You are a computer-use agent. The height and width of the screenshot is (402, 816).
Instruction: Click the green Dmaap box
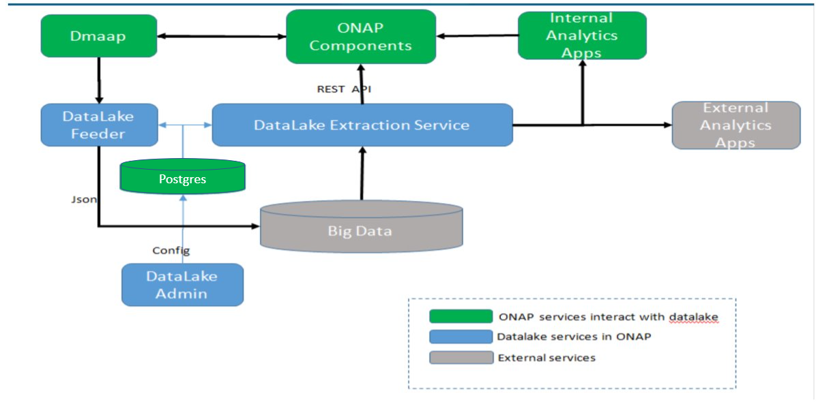(x=99, y=36)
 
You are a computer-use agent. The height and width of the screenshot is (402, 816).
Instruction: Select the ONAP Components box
(x=361, y=36)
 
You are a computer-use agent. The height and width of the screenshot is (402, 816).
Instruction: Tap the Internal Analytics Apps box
(x=583, y=35)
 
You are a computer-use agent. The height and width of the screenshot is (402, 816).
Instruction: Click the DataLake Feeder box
(x=99, y=125)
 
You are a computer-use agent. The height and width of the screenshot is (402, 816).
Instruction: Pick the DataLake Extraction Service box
(x=362, y=125)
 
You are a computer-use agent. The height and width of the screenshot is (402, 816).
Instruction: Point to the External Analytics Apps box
(x=736, y=125)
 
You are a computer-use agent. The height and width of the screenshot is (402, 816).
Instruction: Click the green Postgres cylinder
(x=182, y=177)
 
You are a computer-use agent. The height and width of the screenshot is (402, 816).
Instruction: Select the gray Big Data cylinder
(x=361, y=227)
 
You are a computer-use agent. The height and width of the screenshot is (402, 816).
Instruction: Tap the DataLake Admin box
(x=182, y=285)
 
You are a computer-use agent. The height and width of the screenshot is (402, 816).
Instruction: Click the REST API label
(x=344, y=89)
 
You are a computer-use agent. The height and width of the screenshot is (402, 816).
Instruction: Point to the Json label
(x=83, y=199)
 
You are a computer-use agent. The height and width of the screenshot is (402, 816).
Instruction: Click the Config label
(x=171, y=251)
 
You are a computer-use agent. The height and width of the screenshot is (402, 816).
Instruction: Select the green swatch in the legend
(x=461, y=316)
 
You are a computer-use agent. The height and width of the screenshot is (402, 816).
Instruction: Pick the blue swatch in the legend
(x=461, y=337)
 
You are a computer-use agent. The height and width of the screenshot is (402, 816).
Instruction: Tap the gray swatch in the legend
(x=461, y=357)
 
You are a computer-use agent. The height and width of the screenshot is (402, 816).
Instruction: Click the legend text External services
(x=547, y=358)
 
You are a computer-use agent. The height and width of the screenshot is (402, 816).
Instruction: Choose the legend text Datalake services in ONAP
(x=574, y=337)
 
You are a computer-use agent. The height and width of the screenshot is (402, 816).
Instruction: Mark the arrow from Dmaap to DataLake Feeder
(x=99, y=80)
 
